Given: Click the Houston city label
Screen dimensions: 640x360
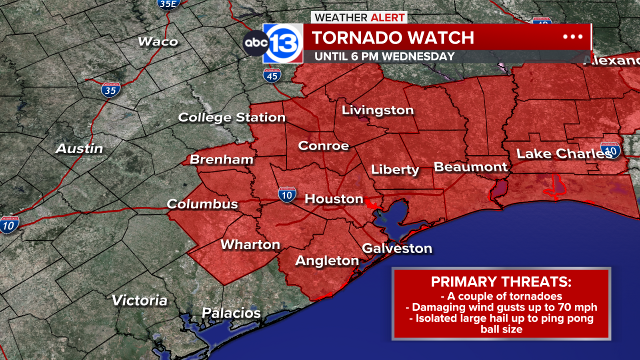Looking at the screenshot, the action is [x=334, y=199].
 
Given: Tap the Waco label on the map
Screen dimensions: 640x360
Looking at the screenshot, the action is [x=158, y=42].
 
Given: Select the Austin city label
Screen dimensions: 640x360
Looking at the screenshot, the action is [x=80, y=148].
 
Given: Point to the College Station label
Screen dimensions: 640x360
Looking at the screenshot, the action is [x=232, y=117].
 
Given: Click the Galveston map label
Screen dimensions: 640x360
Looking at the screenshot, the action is [x=397, y=248].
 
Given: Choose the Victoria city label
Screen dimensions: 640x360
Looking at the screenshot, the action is [x=139, y=300].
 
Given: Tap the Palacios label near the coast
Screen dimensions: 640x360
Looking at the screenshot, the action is [x=231, y=313].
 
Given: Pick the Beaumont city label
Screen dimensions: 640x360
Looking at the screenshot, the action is [x=470, y=167].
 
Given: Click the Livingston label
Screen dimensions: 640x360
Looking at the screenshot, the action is [x=378, y=110].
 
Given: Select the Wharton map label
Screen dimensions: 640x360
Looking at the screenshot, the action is [x=250, y=244].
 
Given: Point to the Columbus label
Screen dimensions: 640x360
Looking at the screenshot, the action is [x=202, y=204].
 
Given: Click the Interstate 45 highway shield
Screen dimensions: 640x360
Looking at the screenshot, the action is [x=272, y=75].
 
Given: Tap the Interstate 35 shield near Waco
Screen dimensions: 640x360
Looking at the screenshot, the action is [x=111, y=90].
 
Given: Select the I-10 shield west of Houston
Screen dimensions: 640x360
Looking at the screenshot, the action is [x=287, y=195].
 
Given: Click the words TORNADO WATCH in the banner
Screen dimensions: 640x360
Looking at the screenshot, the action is [x=393, y=38].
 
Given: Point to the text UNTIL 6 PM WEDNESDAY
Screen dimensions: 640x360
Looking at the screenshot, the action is [x=384, y=56].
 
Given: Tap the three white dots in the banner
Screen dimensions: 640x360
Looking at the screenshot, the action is [x=572, y=37].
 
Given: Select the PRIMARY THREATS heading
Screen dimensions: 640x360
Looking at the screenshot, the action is [x=501, y=282].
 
